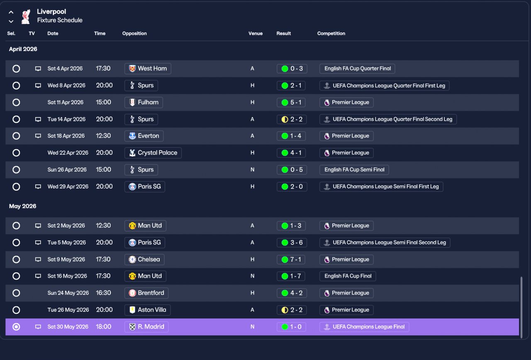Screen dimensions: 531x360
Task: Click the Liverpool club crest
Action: pos(26,17)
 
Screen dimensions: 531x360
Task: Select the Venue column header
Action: pos(255,34)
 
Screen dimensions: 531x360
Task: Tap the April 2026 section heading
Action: pos(23,49)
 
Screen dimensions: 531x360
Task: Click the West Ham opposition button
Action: pos(148,69)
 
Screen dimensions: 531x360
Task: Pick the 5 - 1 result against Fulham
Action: pos(292,103)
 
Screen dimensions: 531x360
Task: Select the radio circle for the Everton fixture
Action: pos(16,136)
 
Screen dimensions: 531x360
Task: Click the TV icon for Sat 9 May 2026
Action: pos(38,260)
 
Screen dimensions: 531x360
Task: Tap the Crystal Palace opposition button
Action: pos(153,153)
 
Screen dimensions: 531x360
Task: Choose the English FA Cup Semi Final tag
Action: pos(354,170)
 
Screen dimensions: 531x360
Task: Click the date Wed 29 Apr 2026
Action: pos(68,186)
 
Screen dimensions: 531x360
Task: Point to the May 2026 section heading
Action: pos(22,206)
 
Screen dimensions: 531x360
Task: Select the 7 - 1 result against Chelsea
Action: pos(291,260)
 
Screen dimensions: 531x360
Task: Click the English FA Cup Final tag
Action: pos(348,276)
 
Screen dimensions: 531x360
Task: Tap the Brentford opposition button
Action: pos(146,293)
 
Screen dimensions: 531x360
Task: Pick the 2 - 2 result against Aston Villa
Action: pos(292,310)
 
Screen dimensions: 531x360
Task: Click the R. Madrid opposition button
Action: pos(146,327)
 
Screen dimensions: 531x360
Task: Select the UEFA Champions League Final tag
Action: pos(364,327)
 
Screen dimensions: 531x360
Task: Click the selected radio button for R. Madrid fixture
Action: pos(16,327)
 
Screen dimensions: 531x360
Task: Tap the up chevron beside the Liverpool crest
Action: pos(11,12)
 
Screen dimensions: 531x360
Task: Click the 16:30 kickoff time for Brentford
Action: pos(103,293)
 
